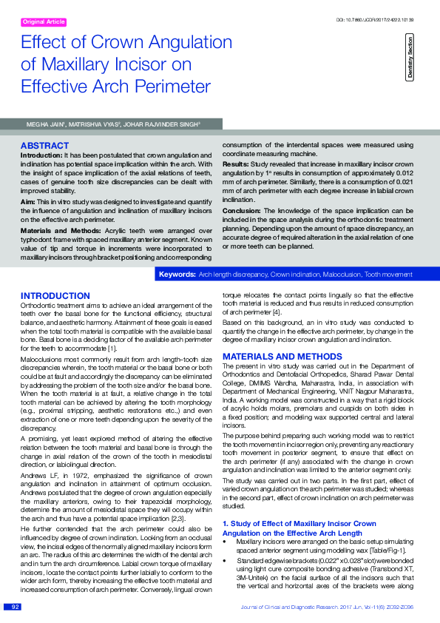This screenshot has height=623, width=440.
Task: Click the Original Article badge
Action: (44, 22)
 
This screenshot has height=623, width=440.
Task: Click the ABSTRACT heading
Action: (44, 146)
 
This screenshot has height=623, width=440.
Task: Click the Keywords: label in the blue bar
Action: (177, 275)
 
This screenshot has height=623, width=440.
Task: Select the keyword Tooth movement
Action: (388, 275)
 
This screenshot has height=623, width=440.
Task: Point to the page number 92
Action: (15, 607)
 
